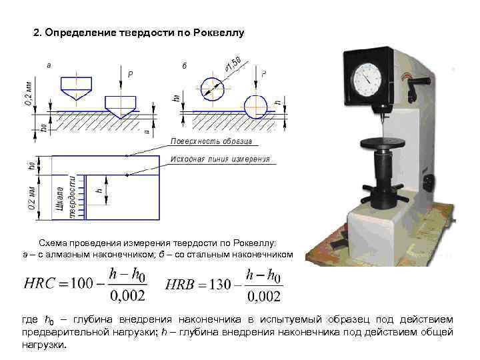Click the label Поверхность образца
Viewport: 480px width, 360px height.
click(x=211, y=142)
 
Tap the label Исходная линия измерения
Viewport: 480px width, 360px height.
click(x=220, y=159)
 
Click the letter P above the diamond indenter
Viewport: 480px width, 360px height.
click(x=131, y=75)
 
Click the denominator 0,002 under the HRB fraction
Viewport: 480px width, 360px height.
click(x=263, y=296)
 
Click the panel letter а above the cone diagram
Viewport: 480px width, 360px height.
click(x=49, y=65)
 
